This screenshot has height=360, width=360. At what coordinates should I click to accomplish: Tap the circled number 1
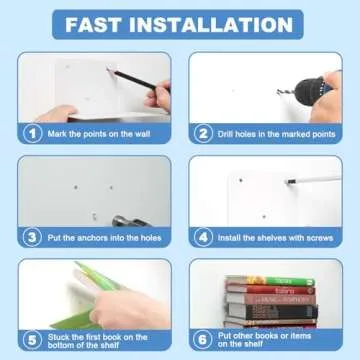pyautogui.click(x=33, y=131)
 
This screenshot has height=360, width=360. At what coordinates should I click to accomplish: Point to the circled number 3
pyautogui.click(x=33, y=237)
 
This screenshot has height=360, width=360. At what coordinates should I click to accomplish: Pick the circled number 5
pyautogui.click(x=33, y=337)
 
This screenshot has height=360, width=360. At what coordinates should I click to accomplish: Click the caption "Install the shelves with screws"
pyautogui.click(x=271, y=237)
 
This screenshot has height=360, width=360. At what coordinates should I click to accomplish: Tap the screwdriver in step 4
pyautogui.click(x=320, y=182)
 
